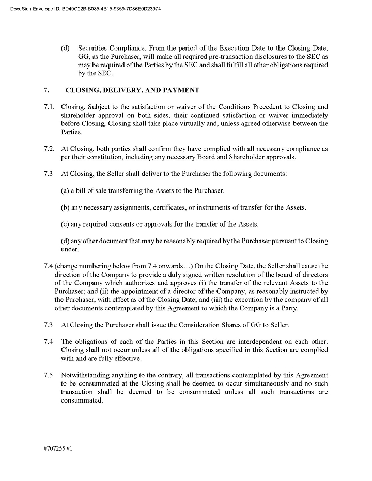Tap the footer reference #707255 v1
point(58,448)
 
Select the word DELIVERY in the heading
point(122,90)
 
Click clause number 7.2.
point(49,149)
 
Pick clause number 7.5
point(48,375)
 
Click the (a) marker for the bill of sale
point(65,190)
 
